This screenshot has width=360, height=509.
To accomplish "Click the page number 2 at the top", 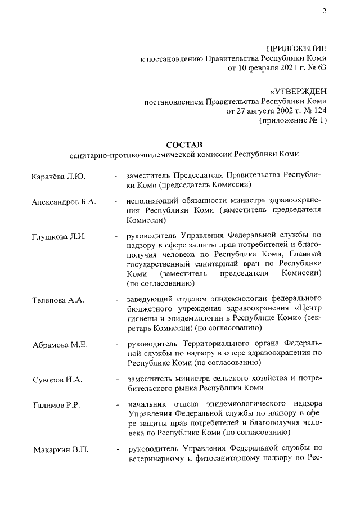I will [324, 13].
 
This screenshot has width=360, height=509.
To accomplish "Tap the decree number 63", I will [320, 69].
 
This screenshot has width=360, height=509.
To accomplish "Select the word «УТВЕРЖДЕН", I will [298, 91].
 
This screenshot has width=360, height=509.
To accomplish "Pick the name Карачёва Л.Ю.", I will [58, 177].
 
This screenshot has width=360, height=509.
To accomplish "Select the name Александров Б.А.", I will [63, 202].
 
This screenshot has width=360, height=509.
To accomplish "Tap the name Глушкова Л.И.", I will [58, 236].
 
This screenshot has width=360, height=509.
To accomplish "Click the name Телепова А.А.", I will [58, 300].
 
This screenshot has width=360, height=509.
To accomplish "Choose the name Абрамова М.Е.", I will [59, 344].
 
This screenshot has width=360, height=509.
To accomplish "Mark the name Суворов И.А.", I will [57, 380].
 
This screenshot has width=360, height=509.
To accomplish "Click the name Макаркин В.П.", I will [60, 449].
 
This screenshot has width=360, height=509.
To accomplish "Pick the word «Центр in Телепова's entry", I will [307, 308].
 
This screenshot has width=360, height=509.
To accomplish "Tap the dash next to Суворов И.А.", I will [116, 380].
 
